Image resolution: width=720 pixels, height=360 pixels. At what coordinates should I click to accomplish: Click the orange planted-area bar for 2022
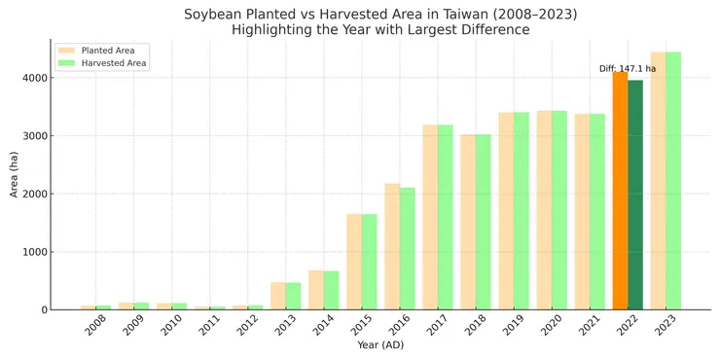pos(620,191)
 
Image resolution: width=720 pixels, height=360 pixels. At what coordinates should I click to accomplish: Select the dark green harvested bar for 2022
pos(635,195)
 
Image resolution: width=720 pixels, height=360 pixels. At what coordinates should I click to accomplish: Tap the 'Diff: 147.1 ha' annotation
pos(628,69)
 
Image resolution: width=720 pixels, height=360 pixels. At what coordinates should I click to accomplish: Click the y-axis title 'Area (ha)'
pos(15,175)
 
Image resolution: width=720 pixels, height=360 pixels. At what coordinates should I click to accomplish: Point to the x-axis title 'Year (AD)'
pos(379,345)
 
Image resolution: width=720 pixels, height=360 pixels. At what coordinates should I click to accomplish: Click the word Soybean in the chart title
pos(216,14)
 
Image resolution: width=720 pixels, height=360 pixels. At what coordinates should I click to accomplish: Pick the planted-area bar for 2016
pos(392,246)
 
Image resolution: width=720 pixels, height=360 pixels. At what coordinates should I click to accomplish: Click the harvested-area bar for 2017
pos(446,217)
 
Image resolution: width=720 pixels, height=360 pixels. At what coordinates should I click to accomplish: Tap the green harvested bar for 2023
pos(673,181)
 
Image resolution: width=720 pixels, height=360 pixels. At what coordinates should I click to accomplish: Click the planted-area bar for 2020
pos(544,210)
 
